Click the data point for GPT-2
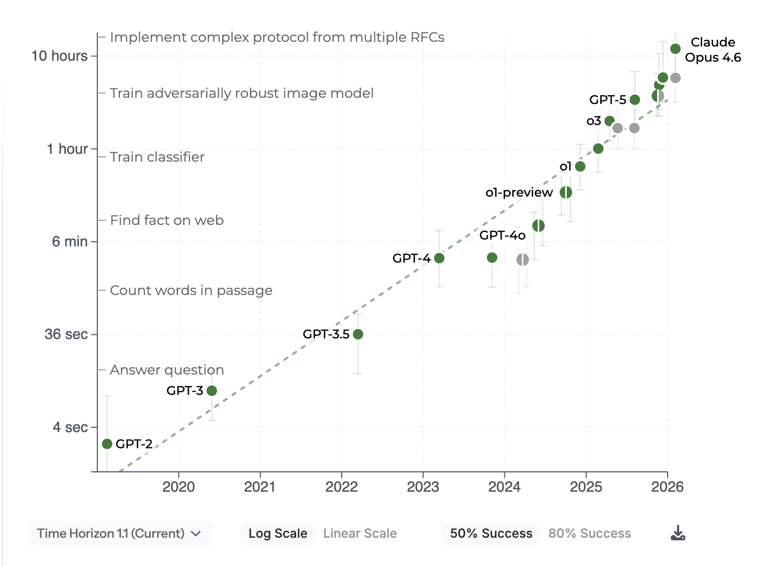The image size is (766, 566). click(x=107, y=444)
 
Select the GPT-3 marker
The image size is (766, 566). click(x=211, y=390)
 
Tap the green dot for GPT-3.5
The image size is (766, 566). click(x=358, y=334)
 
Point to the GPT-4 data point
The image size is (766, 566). click(x=439, y=258)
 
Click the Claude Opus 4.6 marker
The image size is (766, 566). click(x=675, y=49)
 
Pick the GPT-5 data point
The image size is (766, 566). click(x=635, y=99)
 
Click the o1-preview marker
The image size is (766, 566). click(x=566, y=192)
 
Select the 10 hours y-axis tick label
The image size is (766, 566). click(x=59, y=56)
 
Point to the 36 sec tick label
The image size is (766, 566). click(x=66, y=334)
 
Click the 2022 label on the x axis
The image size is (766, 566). click(x=341, y=487)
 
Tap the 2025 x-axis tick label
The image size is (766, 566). click(x=585, y=487)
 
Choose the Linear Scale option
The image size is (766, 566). click(x=360, y=533)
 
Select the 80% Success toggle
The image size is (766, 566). click(x=590, y=533)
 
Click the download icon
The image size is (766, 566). click(x=678, y=533)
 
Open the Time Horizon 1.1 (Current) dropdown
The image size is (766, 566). click(x=120, y=533)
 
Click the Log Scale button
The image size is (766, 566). click(x=278, y=533)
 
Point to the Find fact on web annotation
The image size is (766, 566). click(x=167, y=220)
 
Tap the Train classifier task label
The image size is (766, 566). click(x=157, y=157)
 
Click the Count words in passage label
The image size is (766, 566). click(x=191, y=290)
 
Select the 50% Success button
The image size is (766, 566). click(x=491, y=533)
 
